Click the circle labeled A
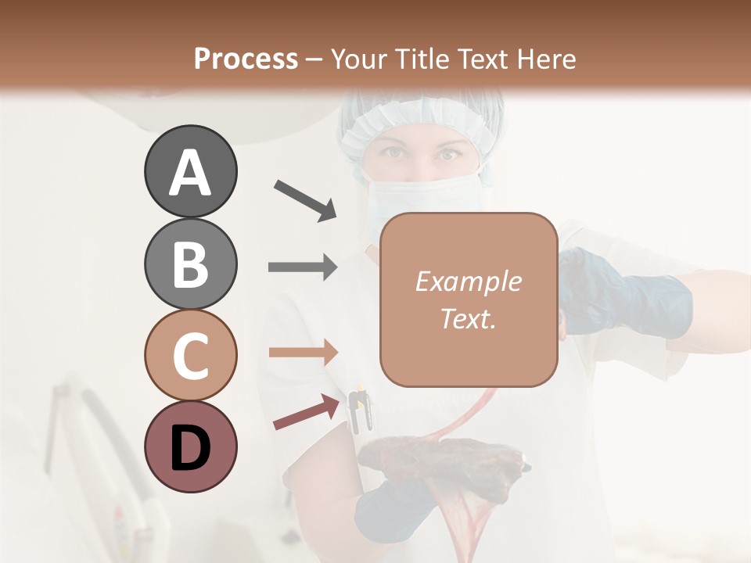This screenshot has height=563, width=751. (190, 172)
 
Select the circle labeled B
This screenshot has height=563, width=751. (190, 264)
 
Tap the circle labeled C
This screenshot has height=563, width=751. (190, 355)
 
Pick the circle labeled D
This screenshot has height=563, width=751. (190, 446)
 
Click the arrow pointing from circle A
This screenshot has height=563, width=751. (305, 199)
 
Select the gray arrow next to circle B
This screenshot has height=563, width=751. (303, 267)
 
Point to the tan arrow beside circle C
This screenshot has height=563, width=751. (303, 352)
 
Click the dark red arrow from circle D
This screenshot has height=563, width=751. (301, 413)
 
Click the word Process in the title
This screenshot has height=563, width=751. (246, 59)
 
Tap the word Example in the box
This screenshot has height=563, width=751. (468, 281)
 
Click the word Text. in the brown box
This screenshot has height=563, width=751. (468, 319)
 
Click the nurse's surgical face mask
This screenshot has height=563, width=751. (407, 195)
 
